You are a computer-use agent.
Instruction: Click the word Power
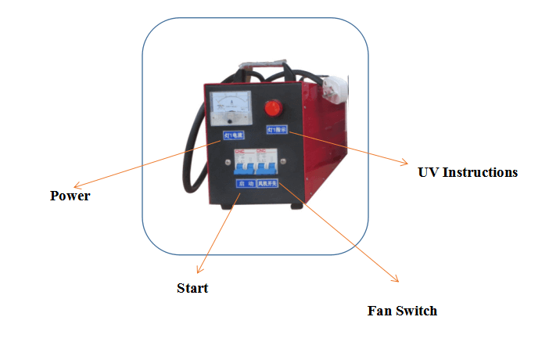tap(70, 196)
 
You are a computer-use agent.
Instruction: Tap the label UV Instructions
tap(468, 172)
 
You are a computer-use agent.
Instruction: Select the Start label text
tap(192, 288)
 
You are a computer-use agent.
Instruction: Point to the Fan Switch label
tap(402, 311)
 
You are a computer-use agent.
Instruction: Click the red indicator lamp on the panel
tap(274, 107)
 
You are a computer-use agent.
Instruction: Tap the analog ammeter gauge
tap(230, 107)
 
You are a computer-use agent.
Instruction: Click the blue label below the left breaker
tap(246, 183)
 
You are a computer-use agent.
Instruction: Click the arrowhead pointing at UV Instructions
tap(404, 163)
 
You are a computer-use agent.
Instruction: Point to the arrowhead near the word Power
tap(84, 186)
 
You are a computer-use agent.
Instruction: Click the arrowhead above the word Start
tap(199, 270)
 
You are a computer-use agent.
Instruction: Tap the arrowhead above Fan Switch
tap(395, 279)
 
